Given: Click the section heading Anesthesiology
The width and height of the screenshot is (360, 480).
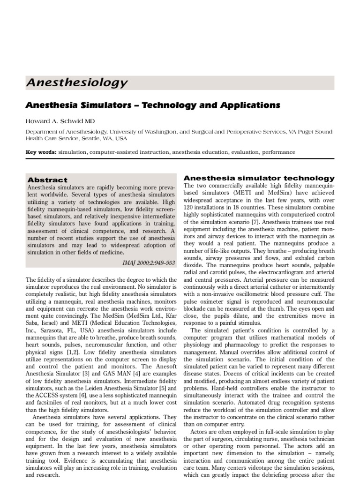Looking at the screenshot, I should click(76, 83).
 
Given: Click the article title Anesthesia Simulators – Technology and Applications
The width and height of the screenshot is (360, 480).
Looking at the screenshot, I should click(153, 105).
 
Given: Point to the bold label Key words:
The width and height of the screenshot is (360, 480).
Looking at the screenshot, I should click(41, 152).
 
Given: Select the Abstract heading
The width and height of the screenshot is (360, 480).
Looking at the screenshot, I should click(47, 180).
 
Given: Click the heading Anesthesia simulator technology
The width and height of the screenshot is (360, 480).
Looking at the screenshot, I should click(259, 178).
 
